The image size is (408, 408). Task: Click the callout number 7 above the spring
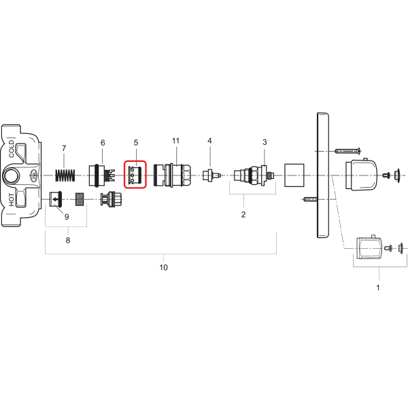[64, 148]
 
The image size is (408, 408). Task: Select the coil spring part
[65, 175]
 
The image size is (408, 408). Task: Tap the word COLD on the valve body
[12, 149]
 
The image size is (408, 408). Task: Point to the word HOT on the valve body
[12, 200]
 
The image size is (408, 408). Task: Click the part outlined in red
[135, 174]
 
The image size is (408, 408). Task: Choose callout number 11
[176, 141]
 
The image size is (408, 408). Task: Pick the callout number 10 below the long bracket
[163, 267]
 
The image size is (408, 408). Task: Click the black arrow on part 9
[56, 200]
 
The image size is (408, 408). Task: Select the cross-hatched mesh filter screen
[80, 199]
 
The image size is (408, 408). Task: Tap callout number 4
[209, 141]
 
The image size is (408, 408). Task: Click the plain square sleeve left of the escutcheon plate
[294, 175]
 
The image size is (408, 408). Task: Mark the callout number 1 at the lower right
[378, 288]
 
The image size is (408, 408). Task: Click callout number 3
[265, 142]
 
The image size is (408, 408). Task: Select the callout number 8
[68, 240]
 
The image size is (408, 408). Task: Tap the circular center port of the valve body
[11, 175]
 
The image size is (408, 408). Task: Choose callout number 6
[103, 143]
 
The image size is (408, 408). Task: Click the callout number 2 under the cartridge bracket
[243, 214]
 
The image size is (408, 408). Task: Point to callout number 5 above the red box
[136, 143]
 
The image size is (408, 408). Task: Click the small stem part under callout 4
[211, 175]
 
